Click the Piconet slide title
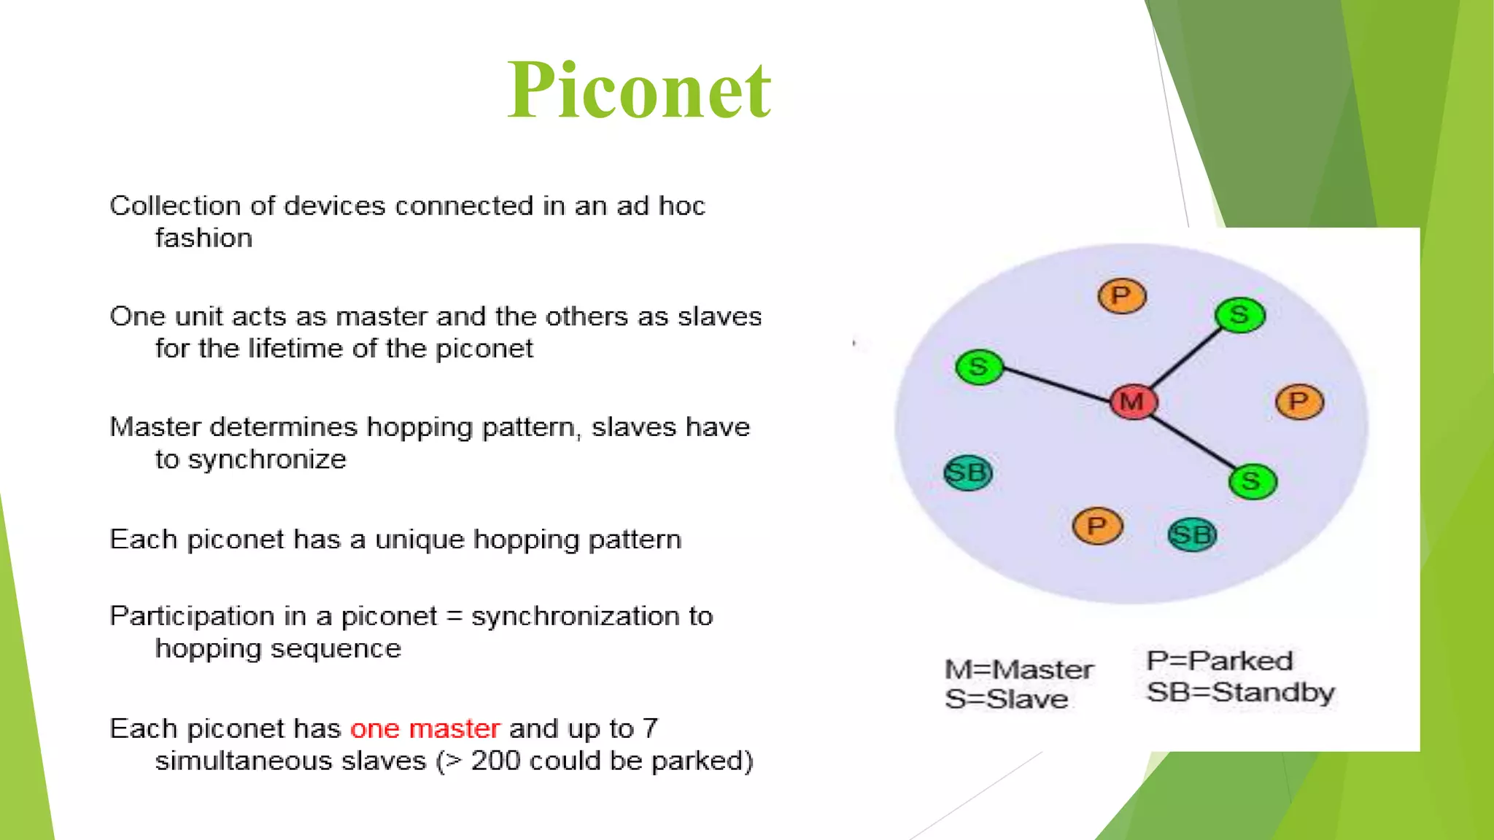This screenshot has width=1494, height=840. click(x=639, y=90)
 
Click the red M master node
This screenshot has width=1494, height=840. click(x=1133, y=402)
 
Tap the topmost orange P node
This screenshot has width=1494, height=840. click(x=1121, y=296)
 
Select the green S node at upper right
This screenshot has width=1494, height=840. click(x=1239, y=315)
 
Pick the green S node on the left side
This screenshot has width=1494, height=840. click(x=979, y=367)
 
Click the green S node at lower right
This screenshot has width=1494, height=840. click(x=1252, y=481)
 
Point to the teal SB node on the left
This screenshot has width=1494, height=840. click(x=968, y=473)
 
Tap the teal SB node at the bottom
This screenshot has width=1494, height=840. click(x=1192, y=535)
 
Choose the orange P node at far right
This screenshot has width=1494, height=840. click(x=1299, y=402)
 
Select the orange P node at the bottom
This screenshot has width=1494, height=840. click(x=1096, y=526)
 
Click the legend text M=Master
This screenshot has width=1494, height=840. click(x=1019, y=669)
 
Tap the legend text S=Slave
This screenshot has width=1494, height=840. click(x=1007, y=699)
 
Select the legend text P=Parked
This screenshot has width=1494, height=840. click(x=1220, y=661)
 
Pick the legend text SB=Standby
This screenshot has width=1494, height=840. click(x=1240, y=692)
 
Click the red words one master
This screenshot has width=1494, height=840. click(x=425, y=728)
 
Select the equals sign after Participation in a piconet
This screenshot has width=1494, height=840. click(x=454, y=617)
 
